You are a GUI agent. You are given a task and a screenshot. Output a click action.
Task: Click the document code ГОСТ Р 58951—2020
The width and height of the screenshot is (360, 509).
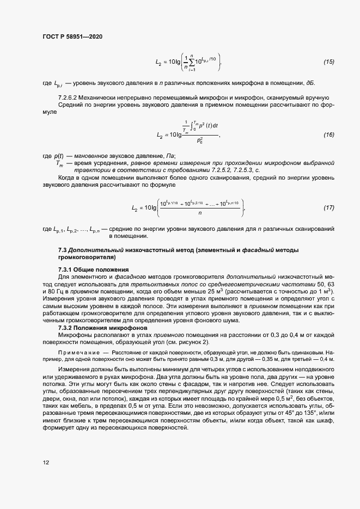(x=72, y=36)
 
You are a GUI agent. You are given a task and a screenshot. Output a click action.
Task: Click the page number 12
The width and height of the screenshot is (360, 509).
(x=46, y=462)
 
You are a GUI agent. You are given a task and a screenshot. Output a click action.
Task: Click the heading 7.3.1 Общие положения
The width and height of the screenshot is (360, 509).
(x=93, y=269)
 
